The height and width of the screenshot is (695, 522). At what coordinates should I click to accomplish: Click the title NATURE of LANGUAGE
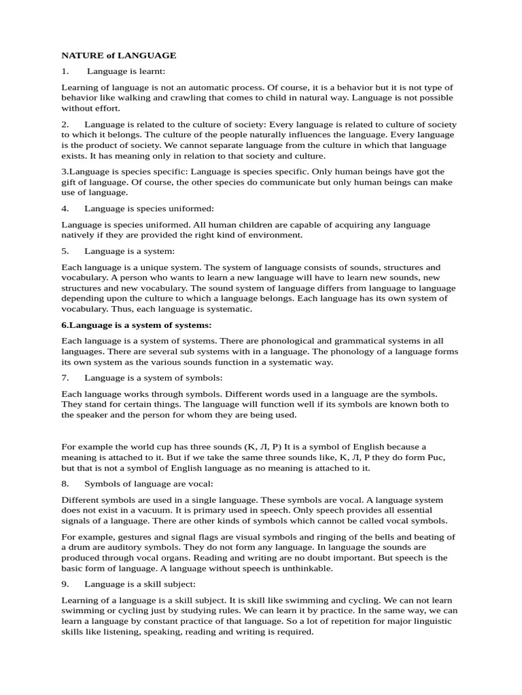(x=119, y=55)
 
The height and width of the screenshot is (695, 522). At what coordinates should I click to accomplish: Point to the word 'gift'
(x=69, y=183)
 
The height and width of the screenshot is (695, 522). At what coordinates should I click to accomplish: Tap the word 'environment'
(x=275, y=235)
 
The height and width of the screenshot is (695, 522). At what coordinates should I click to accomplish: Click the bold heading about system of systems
(x=137, y=325)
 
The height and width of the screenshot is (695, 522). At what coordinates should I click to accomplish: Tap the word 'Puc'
(x=436, y=457)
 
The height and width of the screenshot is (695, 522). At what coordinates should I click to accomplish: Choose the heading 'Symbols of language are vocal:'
(x=149, y=484)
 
